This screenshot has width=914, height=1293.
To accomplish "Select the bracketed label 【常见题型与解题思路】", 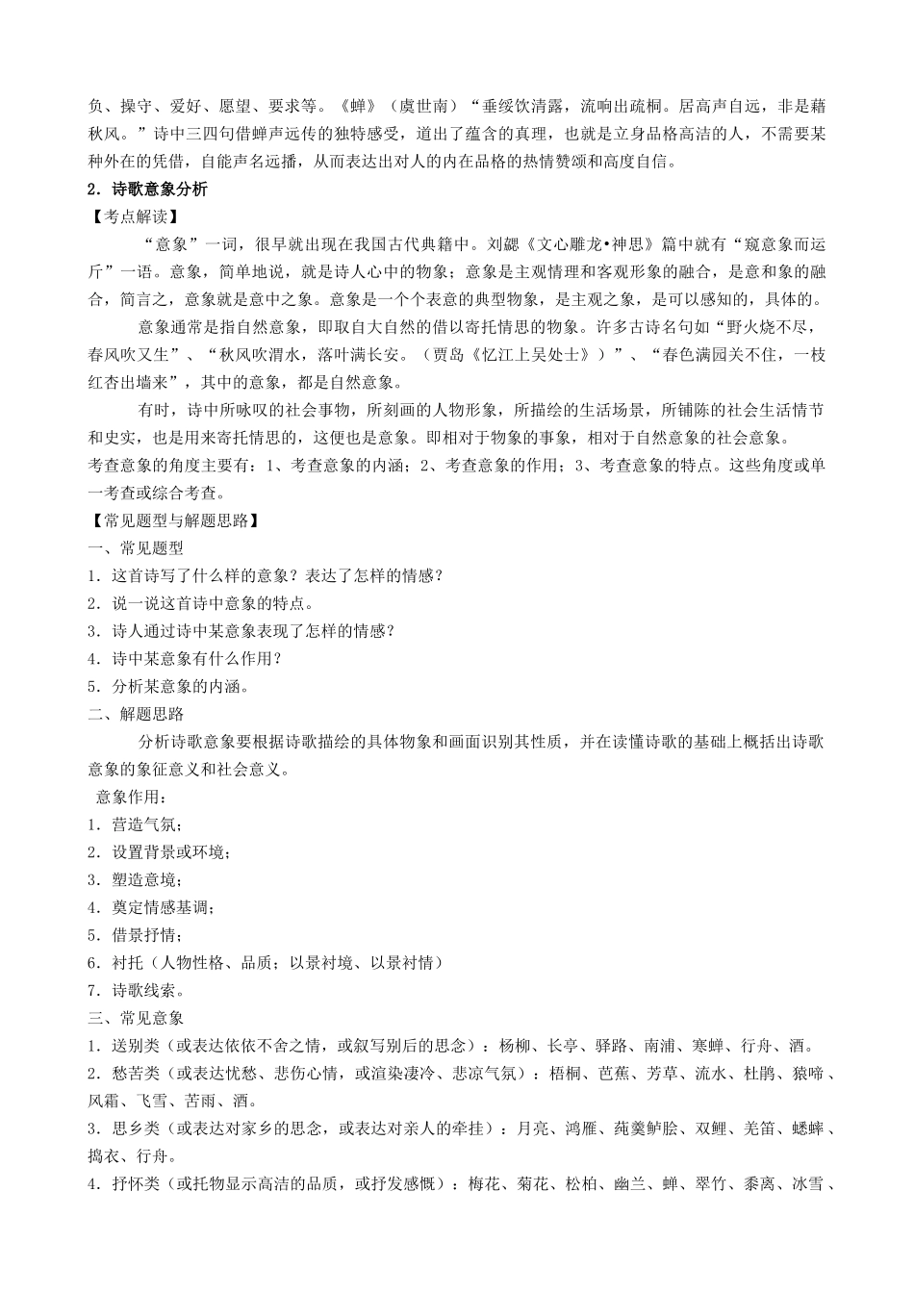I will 175,521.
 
